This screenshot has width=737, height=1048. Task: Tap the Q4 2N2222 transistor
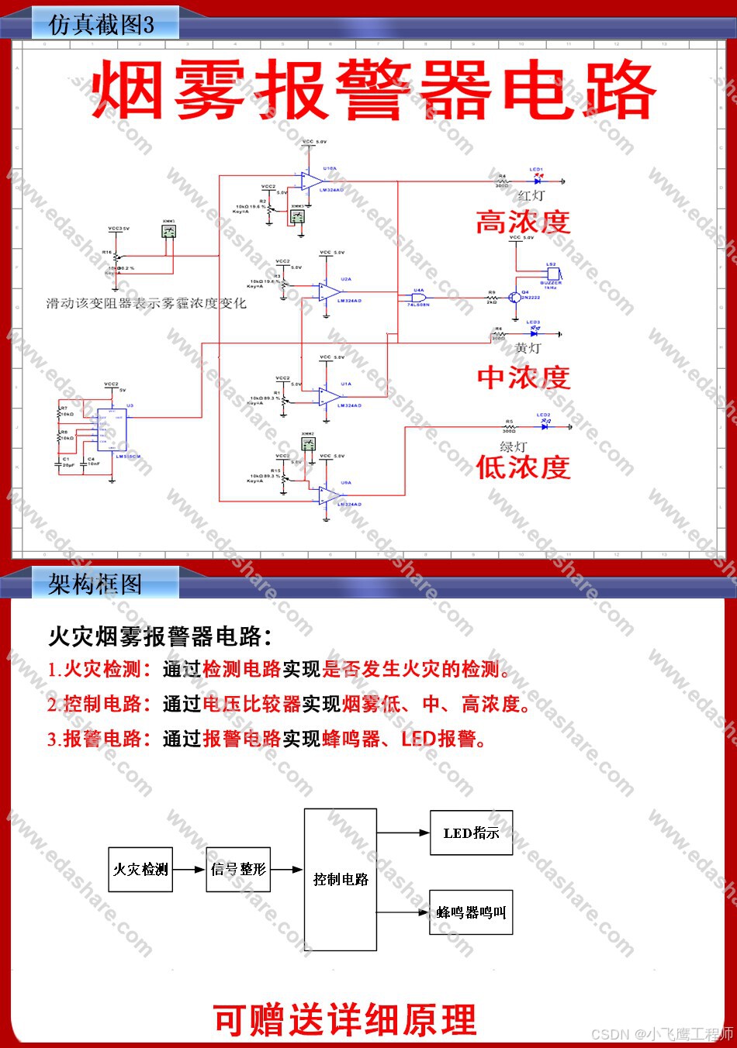point(514,298)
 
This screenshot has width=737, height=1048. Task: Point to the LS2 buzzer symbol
point(552,274)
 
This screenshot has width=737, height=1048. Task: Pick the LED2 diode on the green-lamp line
point(545,426)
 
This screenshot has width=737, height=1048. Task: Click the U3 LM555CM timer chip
point(112,429)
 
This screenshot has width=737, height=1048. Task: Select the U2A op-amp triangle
point(329,293)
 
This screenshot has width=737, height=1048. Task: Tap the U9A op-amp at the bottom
point(329,495)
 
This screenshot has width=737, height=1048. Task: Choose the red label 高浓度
point(523,222)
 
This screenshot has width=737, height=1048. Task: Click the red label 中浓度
point(524,377)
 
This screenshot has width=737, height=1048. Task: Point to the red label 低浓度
point(523,467)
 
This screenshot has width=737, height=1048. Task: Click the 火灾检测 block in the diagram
point(140,869)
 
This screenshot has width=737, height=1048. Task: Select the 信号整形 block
point(238,869)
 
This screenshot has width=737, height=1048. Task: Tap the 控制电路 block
point(341,879)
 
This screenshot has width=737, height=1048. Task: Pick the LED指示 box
point(472,833)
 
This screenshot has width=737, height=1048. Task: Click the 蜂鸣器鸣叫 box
point(472,912)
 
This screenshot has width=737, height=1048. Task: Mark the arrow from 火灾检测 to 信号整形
point(189,870)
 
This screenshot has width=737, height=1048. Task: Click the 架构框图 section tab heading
point(95,584)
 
